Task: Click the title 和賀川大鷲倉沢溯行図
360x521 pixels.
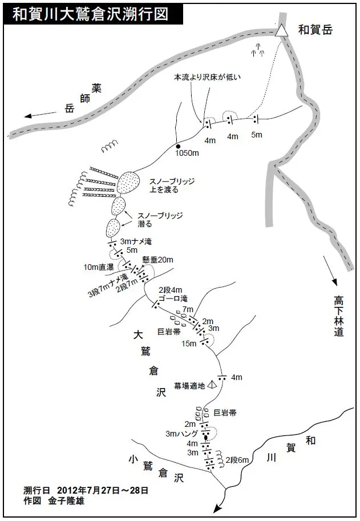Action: coord(91,14)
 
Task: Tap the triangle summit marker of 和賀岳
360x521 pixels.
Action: coord(281,32)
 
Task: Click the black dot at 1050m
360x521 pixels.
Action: coord(178,147)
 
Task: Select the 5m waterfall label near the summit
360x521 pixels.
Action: coord(256,135)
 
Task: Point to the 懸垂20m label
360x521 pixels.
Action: coord(159,260)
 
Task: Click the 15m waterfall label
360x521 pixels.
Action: coord(188,343)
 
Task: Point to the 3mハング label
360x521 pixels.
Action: coord(181,434)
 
